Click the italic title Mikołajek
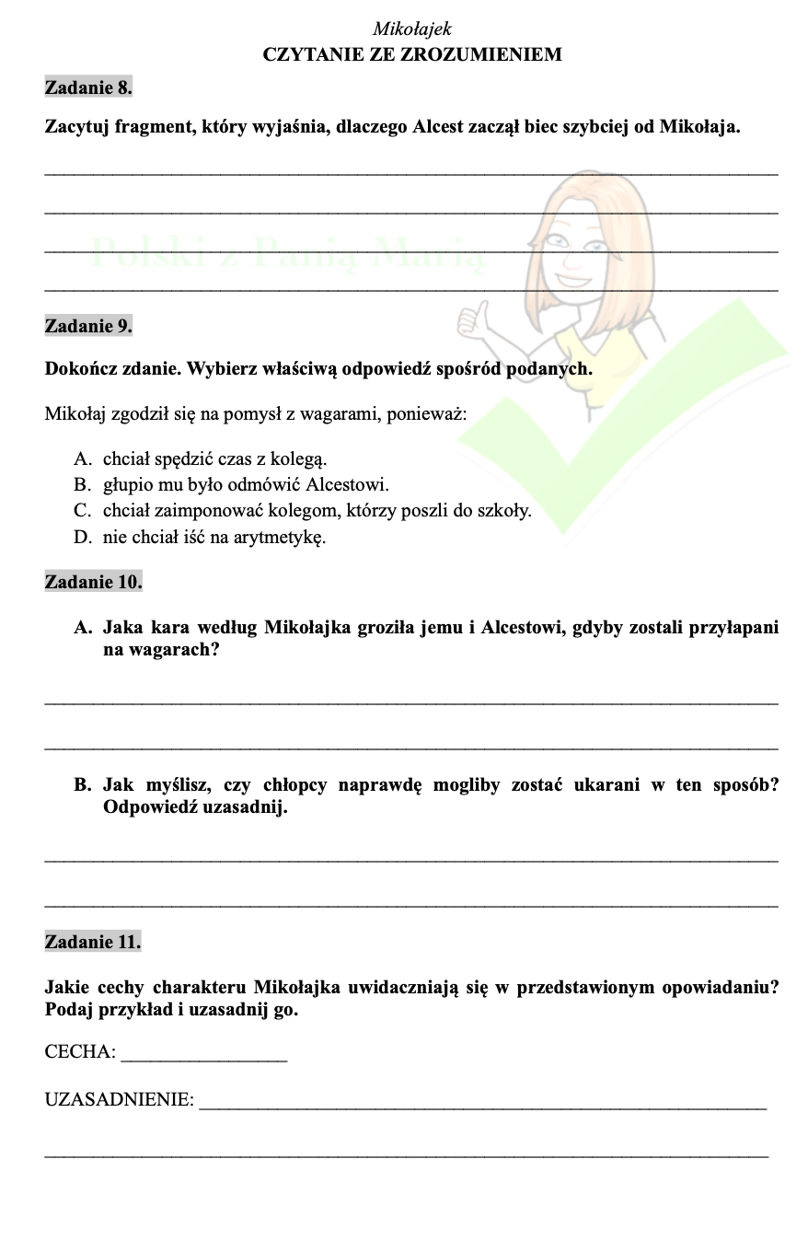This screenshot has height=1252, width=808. click(x=412, y=29)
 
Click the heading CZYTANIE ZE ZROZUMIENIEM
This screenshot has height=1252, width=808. click(x=412, y=54)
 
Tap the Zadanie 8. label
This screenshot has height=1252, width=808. click(x=88, y=88)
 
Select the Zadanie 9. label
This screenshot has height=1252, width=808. click(x=88, y=325)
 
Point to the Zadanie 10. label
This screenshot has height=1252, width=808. click(x=93, y=582)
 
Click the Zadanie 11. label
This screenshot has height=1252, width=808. click(x=93, y=942)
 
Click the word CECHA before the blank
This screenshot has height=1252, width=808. click(x=78, y=1052)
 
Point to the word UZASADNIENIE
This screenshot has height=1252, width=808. click(x=118, y=1099)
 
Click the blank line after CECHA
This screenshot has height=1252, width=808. click(x=203, y=1057)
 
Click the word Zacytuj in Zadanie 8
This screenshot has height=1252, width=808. click(x=77, y=127)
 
